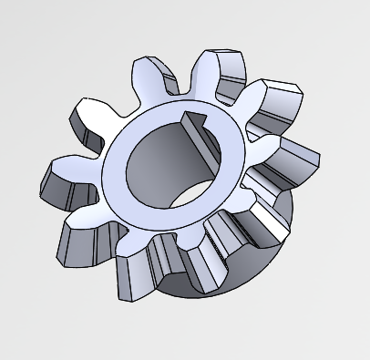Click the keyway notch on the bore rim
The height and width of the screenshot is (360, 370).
point(193,119)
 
